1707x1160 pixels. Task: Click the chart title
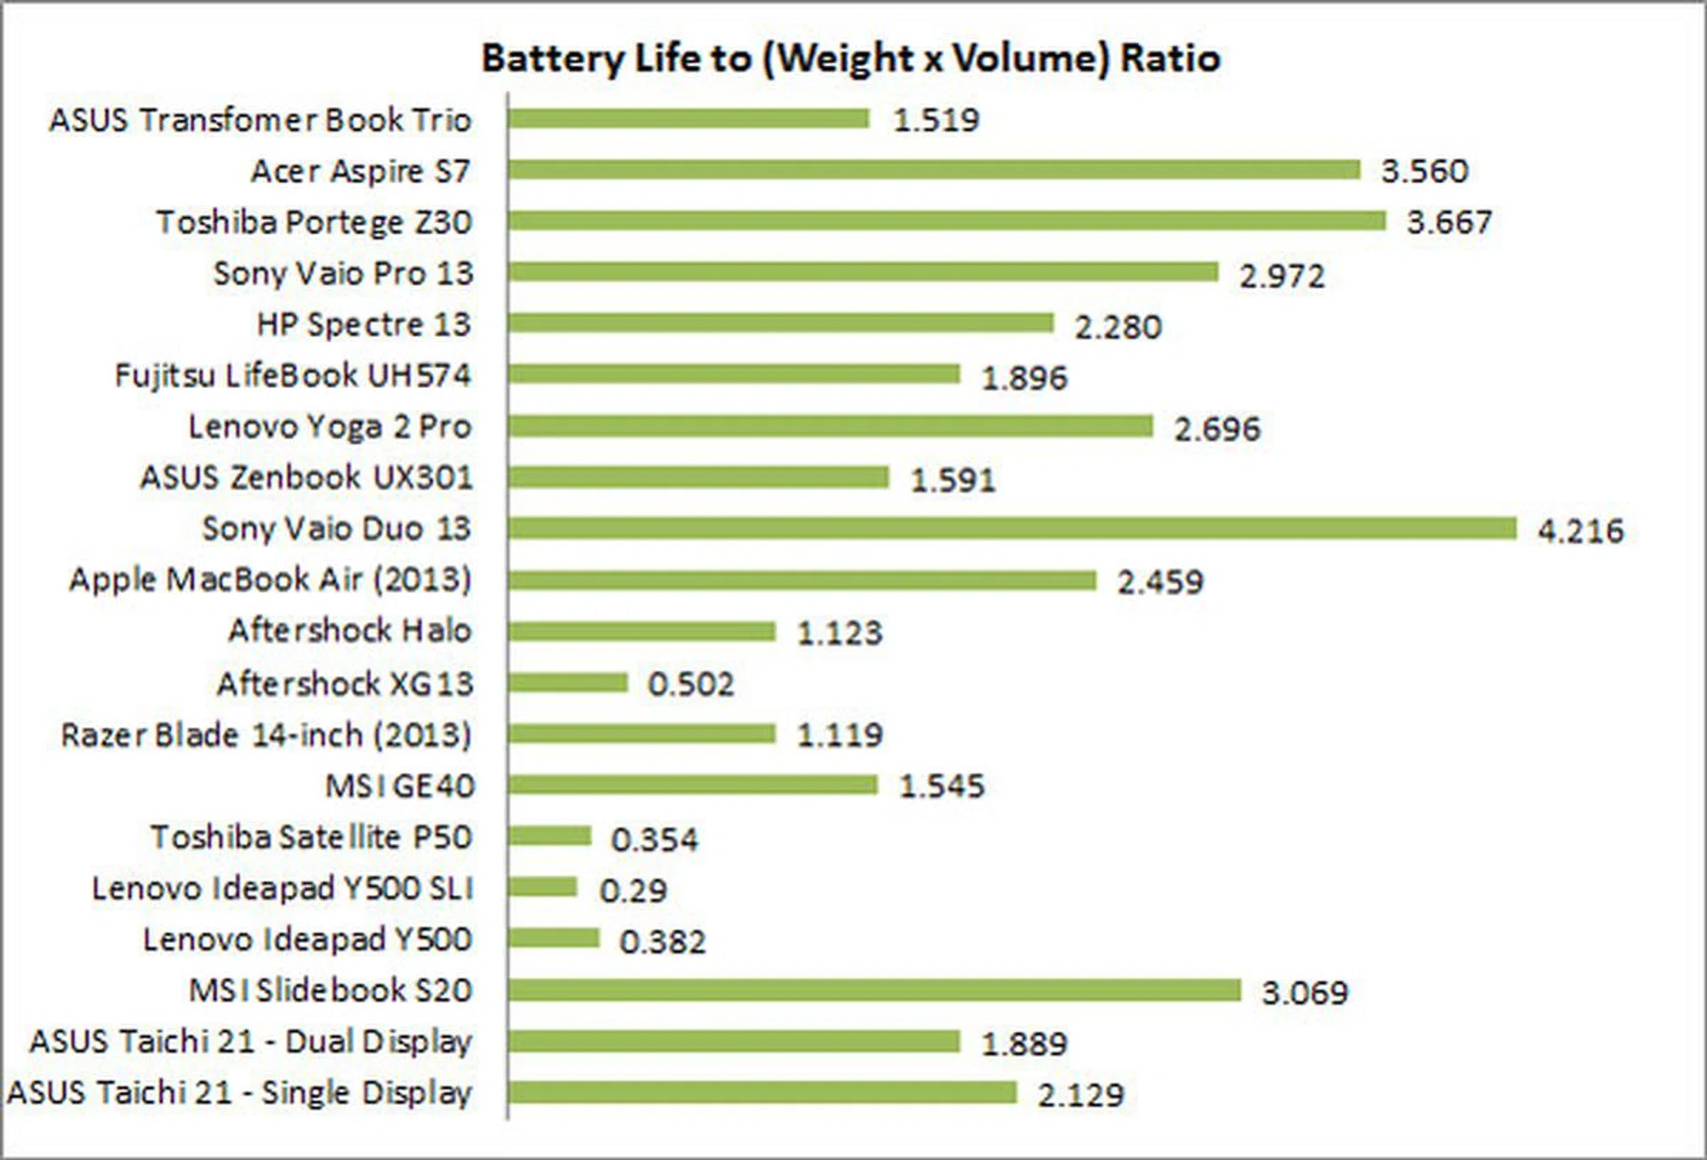pyautogui.click(x=851, y=59)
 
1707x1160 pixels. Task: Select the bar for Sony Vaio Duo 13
pyautogui.click(x=1012, y=528)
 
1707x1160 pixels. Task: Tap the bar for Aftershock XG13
pyautogui.click(x=568, y=682)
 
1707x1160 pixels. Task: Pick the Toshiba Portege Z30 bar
pyautogui.click(x=947, y=221)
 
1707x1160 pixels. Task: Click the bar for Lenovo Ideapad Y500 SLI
pyautogui.click(x=543, y=887)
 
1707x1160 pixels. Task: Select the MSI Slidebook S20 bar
pyautogui.click(x=874, y=990)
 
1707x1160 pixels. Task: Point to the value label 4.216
pyautogui.click(x=1581, y=531)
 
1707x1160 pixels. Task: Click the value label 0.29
pyautogui.click(x=633, y=890)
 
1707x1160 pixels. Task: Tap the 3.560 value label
pyautogui.click(x=1424, y=171)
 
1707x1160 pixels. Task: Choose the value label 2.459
pyautogui.click(x=1160, y=583)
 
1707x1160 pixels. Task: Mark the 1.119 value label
pyautogui.click(x=839, y=736)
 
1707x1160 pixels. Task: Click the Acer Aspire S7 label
pyautogui.click(x=360, y=171)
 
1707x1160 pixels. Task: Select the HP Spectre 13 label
pyautogui.click(x=364, y=325)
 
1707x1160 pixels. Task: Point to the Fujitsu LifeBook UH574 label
pyautogui.click(x=293, y=375)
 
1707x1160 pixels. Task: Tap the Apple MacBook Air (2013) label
pyautogui.click(x=270, y=580)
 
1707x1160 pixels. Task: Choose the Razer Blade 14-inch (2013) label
pyautogui.click(x=266, y=735)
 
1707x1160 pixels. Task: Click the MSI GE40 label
pyautogui.click(x=400, y=786)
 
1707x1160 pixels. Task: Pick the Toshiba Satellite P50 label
pyautogui.click(x=311, y=837)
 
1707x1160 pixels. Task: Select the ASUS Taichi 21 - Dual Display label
pyautogui.click(x=251, y=1042)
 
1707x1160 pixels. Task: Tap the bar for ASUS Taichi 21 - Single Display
pyautogui.click(x=762, y=1092)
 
